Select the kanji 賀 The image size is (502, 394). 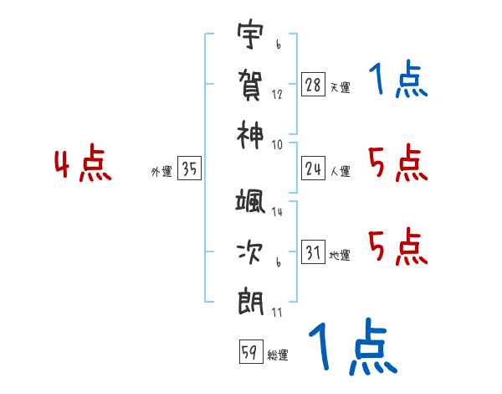[x=250, y=84]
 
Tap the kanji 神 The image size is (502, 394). [x=250, y=132]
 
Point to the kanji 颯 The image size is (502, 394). [x=250, y=204]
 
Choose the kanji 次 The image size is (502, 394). [x=250, y=251]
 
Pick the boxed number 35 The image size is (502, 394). [x=190, y=169]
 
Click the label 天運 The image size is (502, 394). [x=340, y=88]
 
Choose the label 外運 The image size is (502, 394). [x=161, y=173]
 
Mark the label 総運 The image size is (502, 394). [x=278, y=355]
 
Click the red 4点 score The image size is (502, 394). [x=83, y=164]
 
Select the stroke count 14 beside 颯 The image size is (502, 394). [x=277, y=213]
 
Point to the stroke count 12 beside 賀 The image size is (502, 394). [x=277, y=94]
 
